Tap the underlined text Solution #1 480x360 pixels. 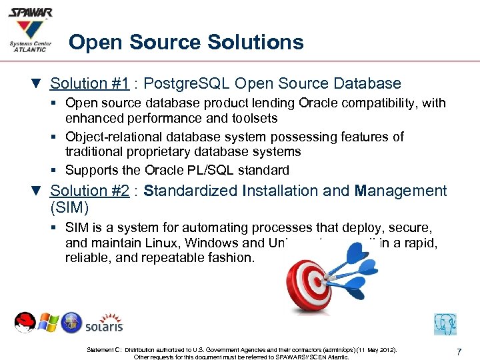[x=90, y=84]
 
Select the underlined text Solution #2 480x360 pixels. [x=90, y=191]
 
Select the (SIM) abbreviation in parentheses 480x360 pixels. [x=68, y=207]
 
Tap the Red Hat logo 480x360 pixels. [x=25, y=323]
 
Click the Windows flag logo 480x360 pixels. [x=48, y=324]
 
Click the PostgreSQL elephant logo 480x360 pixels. [x=445, y=324]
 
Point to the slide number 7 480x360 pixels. [x=459, y=351]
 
